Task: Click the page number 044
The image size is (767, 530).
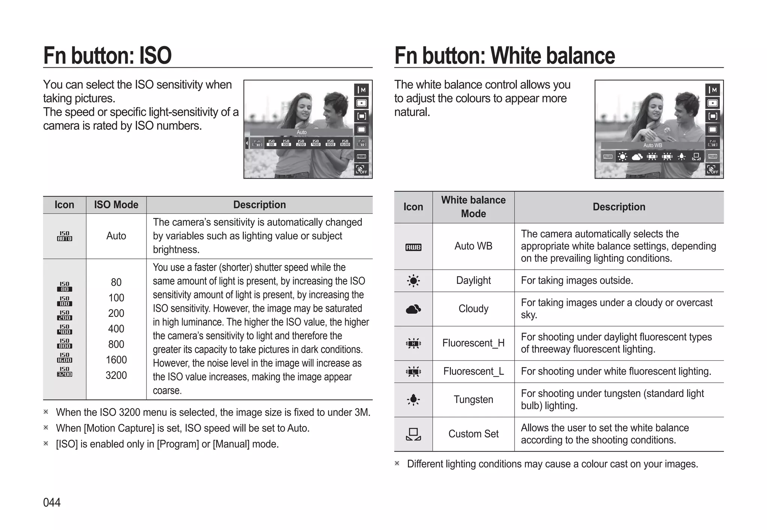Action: pos(52,502)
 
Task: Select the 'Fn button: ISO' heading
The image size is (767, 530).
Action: pos(107,55)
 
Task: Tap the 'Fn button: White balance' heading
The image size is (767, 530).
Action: pos(504,55)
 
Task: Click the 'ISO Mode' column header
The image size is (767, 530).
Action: pos(116,205)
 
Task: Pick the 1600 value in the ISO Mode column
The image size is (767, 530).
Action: pos(116,360)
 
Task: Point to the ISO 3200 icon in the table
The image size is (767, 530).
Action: pos(64,372)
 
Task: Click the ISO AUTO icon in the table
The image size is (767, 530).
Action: pos(64,236)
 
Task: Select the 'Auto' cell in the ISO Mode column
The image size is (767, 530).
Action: pos(116,236)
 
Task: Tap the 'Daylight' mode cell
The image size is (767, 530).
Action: pos(473,281)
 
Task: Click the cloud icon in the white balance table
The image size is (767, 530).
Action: pos(413,309)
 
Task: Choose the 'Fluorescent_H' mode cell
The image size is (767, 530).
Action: pos(473,343)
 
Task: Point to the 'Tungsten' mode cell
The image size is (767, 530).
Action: pos(473,400)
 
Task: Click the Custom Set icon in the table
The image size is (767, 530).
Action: pos(413,434)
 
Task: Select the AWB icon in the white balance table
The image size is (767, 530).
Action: pos(413,247)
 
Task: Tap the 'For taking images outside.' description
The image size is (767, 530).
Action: pos(577,281)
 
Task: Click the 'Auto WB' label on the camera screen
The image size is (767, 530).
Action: pos(652,145)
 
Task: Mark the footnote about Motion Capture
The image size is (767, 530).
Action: pos(182,428)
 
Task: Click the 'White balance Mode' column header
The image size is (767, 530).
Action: pos(473,207)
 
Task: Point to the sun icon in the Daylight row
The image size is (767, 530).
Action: pos(413,281)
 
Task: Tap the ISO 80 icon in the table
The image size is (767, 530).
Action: pos(64,287)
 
